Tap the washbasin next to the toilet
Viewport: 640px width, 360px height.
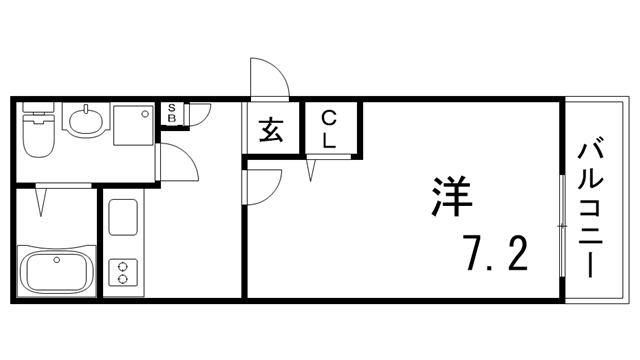point(84,123)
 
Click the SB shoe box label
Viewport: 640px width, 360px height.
point(172,113)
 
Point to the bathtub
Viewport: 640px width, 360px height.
point(56,270)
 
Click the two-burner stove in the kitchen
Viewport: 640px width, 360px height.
point(124,271)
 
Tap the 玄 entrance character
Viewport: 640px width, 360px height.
point(271,129)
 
